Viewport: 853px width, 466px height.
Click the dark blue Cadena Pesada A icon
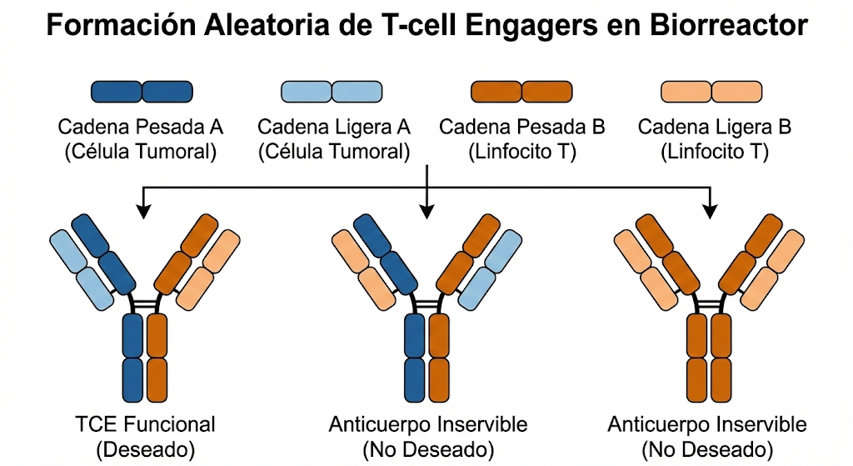[142, 91]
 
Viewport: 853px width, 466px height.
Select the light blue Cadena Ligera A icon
[332, 91]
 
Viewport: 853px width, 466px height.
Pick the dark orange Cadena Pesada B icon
[522, 91]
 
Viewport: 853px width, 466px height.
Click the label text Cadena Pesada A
[141, 128]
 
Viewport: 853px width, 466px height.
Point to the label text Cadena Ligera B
[713, 128]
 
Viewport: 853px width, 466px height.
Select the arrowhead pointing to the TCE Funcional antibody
[144, 212]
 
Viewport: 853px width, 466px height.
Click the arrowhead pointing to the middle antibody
[427, 212]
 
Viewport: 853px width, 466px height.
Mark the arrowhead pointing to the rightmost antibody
[711, 212]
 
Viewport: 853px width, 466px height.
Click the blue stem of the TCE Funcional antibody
[133, 358]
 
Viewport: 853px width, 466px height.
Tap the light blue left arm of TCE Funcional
[82, 266]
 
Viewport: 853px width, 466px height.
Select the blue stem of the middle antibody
[415, 358]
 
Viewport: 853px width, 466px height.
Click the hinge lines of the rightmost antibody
[710, 304]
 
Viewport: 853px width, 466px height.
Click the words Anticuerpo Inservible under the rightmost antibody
[707, 424]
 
